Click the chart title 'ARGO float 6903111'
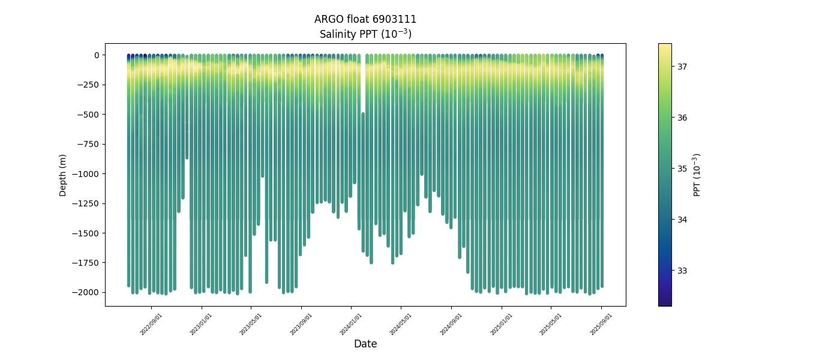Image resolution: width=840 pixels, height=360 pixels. pos(365,19)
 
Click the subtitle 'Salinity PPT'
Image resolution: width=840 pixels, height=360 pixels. pos(365,34)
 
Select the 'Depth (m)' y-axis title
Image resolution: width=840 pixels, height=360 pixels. pos(63,175)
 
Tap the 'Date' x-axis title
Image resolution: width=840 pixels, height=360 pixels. pos(365,344)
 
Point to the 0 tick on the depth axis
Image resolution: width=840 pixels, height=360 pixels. pos(95,55)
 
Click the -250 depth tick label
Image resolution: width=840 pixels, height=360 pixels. pos(89,85)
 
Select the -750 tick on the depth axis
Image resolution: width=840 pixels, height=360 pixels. pos(89,144)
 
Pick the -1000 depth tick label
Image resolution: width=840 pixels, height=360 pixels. pos(87,174)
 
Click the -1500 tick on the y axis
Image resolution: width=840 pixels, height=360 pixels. pos(87,233)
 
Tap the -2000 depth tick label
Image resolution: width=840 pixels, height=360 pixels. pos(87,292)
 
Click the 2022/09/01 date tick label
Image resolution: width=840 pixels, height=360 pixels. pos(152,323)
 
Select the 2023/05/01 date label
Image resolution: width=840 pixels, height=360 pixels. pos(251,323)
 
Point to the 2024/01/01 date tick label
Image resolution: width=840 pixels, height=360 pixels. pos(352,323)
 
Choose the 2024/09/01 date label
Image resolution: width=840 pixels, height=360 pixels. pos(452,323)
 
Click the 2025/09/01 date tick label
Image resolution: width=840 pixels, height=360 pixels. pos(602,323)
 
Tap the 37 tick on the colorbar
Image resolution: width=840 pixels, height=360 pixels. pos(682,67)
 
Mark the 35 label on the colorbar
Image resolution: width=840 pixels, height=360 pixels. pos(682,169)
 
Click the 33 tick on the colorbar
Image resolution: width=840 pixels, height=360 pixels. pos(682,271)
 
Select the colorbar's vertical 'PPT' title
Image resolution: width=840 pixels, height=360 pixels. pos(697,175)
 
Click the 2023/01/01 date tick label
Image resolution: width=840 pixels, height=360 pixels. pos(202,323)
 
